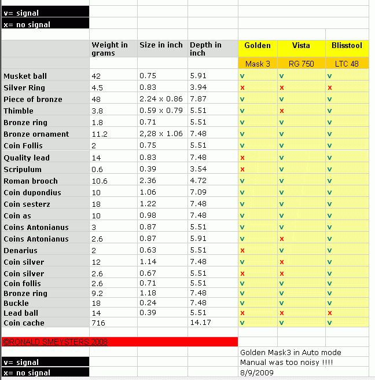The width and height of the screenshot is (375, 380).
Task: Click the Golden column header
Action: [258, 46]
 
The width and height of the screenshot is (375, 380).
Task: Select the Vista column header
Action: [301, 46]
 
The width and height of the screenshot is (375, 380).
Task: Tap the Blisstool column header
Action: [347, 46]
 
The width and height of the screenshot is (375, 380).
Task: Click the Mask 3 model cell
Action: [258, 64]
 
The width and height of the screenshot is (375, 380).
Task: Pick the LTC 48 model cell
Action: [347, 64]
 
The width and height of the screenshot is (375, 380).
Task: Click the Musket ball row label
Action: [25, 76]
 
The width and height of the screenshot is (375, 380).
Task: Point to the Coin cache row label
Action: [24, 323]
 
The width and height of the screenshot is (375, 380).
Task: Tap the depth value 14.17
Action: [200, 323]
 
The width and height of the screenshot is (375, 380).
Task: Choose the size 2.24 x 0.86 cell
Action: [161, 99]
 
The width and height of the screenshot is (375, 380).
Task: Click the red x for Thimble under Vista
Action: [281, 111]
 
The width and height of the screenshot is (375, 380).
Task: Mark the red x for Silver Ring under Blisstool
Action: [330, 87]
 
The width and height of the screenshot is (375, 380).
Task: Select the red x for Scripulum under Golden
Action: [242, 169]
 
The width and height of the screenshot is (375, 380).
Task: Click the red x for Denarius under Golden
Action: [242, 250]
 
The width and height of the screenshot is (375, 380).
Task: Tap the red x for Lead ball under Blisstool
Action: [330, 313]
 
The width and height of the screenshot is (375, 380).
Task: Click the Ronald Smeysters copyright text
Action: [55, 342]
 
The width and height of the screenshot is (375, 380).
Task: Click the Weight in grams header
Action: [109, 49]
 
